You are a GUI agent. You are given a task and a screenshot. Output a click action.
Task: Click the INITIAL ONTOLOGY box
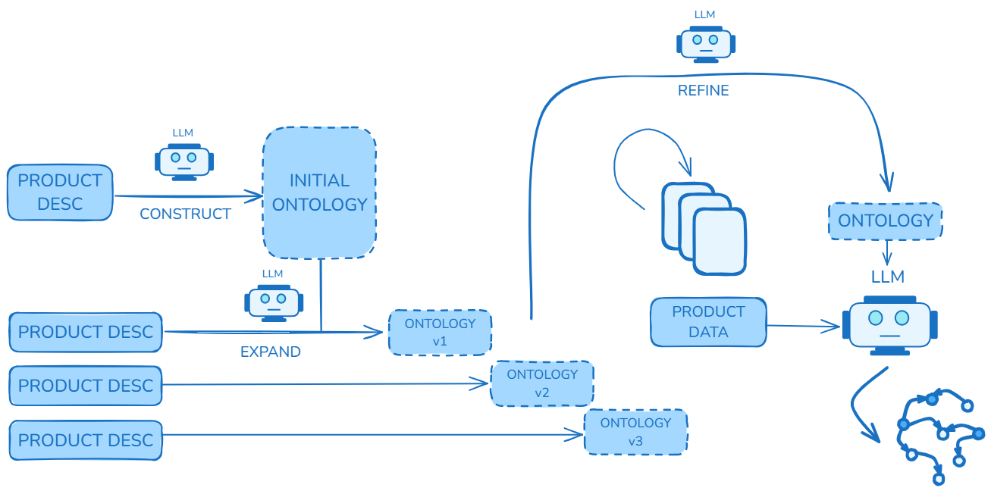pyautogui.click(x=319, y=192)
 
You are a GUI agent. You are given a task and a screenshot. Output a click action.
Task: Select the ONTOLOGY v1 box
pyautogui.click(x=440, y=332)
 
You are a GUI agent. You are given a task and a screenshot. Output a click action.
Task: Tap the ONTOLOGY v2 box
pyautogui.click(x=541, y=383)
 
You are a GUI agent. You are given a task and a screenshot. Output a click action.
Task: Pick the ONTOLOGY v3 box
pyautogui.click(x=635, y=432)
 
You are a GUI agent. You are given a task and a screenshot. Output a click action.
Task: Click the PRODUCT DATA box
pyautogui.click(x=708, y=322)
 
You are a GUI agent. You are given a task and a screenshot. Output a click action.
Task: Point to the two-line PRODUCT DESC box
pyautogui.click(x=60, y=192)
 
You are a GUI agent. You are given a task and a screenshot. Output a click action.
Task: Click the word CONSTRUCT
pyautogui.click(x=185, y=214)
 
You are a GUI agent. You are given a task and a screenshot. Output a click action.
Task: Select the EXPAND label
pyautogui.click(x=270, y=352)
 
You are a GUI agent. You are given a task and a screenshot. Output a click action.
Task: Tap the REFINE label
pyautogui.click(x=703, y=91)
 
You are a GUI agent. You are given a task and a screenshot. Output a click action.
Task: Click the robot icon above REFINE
pyautogui.click(x=705, y=42)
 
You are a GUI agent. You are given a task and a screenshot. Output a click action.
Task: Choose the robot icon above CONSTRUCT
pyautogui.click(x=184, y=161)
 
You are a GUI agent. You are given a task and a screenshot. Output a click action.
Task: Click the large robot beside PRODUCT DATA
pyautogui.click(x=889, y=324)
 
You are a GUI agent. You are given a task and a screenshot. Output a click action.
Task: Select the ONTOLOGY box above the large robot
pyautogui.click(x=885, y=220)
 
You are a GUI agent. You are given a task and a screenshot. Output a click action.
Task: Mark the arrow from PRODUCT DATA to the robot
pyautogui.click(x=804, y=327)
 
